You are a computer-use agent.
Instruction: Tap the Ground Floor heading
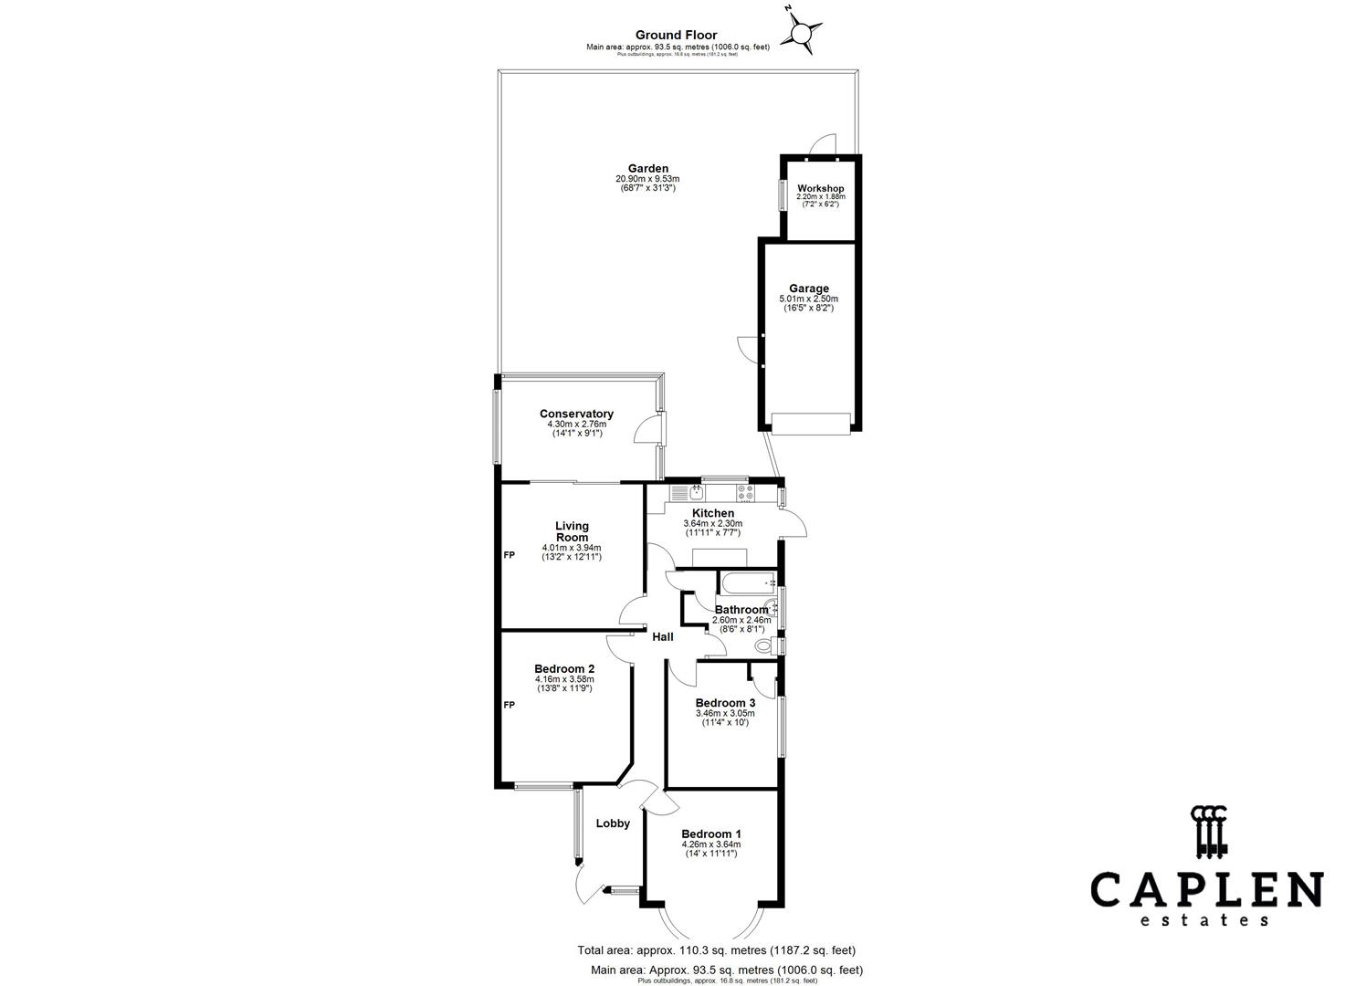(x=677, y=36)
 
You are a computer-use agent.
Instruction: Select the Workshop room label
(x=820, y=188)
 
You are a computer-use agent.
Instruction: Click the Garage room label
(x=808, y=288)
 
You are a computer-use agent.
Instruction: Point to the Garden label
(x=647, y=168)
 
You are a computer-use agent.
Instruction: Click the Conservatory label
(x=576, y=414)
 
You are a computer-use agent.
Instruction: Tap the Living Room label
(x=572, y=531)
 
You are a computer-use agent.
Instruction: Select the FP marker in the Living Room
(x=509, y=555)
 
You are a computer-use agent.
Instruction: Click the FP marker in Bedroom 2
(x=509, y=705)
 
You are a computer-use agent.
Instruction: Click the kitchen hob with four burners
(x=740, y=493)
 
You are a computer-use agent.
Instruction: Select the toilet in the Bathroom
(x=765, y=646)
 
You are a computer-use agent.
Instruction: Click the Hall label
(x=662, y=636)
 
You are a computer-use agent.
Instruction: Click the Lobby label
(x=613, y=823)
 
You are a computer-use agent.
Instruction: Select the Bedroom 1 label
(x=710, y=834)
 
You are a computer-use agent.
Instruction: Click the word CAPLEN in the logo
(x=1206, y=890)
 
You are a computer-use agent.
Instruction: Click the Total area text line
(x=716, y=950)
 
